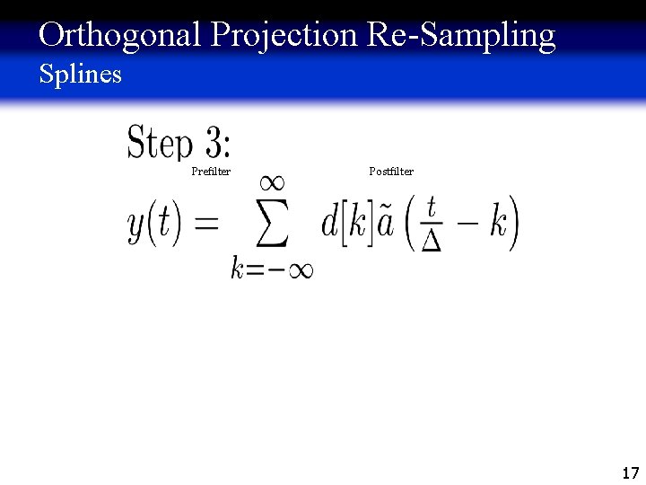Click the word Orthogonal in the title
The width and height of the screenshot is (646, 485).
point(121,36)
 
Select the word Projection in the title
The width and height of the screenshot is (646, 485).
point(284,36)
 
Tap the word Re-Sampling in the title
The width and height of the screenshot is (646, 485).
point(460,36)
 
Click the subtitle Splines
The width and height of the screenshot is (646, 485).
point(80,74)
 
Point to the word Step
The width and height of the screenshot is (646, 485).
point(160,143)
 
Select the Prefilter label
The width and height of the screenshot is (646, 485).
point(211,172)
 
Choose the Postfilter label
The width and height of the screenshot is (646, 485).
point(391,171)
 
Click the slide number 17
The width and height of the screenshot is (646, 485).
point(630,472)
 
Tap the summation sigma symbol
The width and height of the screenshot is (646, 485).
point(272,225)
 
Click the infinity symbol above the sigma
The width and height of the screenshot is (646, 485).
point(272,182)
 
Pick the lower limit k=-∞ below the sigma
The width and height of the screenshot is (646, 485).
point(272,269)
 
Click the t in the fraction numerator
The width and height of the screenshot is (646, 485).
point(432,207)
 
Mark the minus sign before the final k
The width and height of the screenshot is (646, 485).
point(467,224)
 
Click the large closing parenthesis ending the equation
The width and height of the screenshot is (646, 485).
point(514,224)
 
